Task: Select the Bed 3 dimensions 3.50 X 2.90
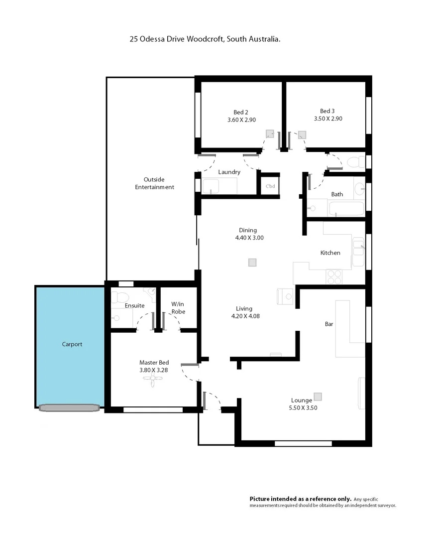(327, 119)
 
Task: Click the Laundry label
(229, 172)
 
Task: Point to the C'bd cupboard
(270, 186)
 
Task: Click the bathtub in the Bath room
(345, 209)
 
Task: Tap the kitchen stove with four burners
(333, 276)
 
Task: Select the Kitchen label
(330, 253)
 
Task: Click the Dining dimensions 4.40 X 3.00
(249, 238)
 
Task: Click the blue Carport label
(72, 344)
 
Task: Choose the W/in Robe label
(178, 308)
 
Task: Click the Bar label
(328, 324)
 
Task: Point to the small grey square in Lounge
(318, 397)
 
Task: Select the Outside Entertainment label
(154, 183)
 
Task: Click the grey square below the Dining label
(252, 263)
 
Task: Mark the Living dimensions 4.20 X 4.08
(244, 316)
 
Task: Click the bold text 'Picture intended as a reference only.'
(300, 499)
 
